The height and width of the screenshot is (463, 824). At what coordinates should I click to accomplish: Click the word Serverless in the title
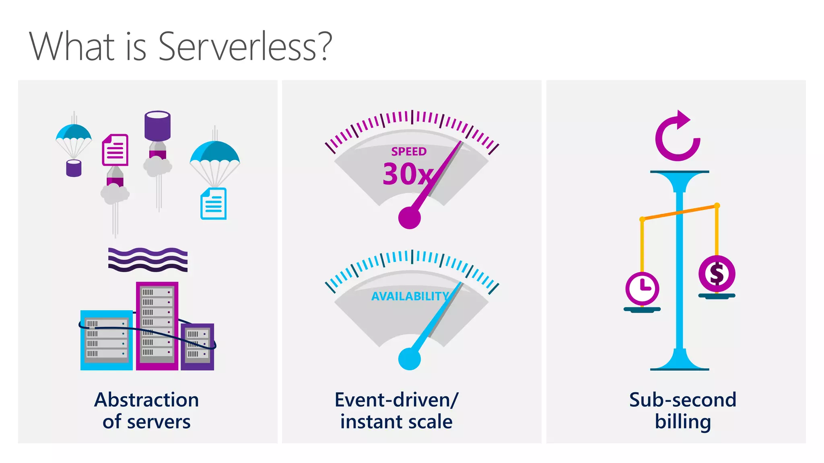point(245,47)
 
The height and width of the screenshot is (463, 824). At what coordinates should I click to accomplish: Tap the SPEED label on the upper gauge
point(409,152)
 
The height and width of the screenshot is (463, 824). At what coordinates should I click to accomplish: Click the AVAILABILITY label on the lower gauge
point(410,296)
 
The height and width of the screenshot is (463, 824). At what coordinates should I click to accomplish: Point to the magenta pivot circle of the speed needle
point(409,218)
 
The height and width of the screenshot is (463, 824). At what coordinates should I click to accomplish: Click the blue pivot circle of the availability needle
point(409,359)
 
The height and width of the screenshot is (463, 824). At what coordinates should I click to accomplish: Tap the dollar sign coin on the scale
point(717,274)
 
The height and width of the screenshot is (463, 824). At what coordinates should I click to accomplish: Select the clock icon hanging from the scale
point(642,289)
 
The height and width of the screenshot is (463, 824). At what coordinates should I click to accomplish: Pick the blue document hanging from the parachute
point(213,204)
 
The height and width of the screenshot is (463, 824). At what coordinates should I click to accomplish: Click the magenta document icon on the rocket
point(115,150)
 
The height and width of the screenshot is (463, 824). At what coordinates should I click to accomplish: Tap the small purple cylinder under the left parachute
point(74,168)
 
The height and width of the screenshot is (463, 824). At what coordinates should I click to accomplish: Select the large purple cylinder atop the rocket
point(157,125)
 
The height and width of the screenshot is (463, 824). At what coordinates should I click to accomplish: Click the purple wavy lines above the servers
point(148,260)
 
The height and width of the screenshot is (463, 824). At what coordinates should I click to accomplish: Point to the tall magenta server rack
point(157,326)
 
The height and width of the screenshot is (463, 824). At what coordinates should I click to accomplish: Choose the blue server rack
point(107,340)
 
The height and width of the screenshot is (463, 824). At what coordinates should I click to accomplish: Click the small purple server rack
point(197,346)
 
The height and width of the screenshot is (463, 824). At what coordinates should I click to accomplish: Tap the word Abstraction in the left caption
point(146,400)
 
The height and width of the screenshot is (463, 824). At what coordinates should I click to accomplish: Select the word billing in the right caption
point(683,422)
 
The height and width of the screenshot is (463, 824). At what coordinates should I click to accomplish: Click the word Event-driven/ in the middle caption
point(396,400)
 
